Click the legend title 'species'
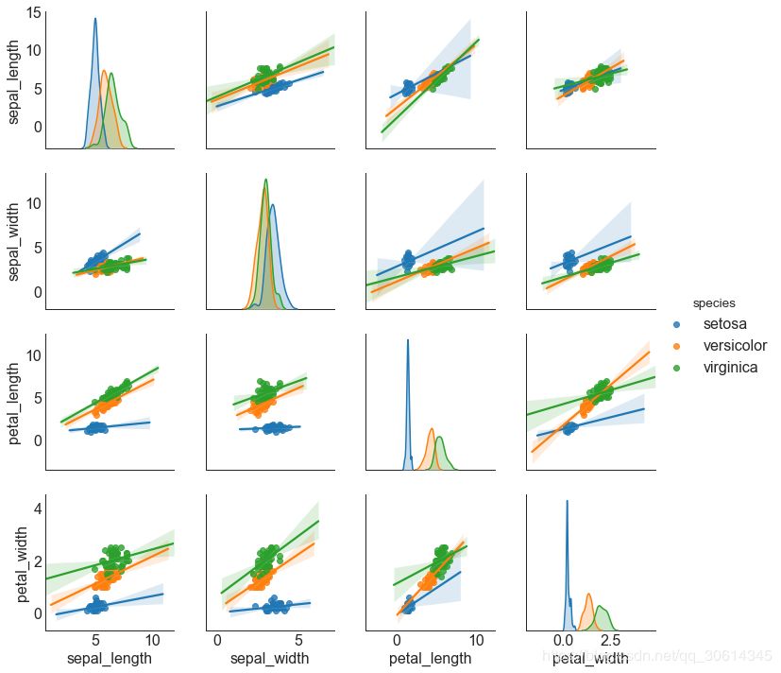coord(714,303)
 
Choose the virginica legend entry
coord(730,368)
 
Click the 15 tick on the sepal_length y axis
coord(32,12)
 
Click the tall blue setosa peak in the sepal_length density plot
coord(94,20)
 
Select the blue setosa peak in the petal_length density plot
coord(408,341)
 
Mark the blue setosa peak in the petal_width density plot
coord(567,502)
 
